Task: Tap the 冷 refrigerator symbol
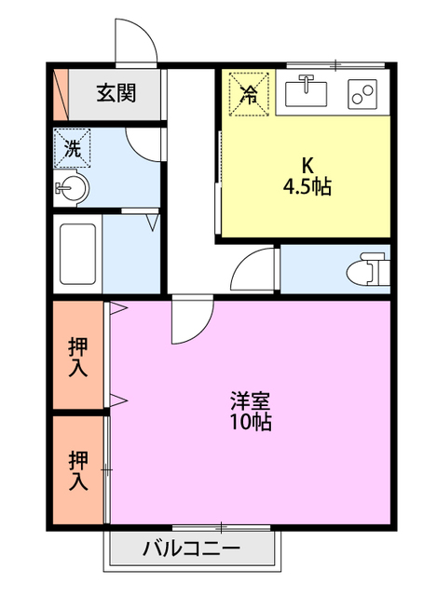pos(249,92)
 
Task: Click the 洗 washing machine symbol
pos(73,147)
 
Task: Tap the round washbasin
pos(73,189)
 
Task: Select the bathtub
pos(76,254)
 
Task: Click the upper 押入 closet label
pos(78,356)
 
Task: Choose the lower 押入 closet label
pos(78,470)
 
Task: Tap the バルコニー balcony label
pos(191,548)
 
